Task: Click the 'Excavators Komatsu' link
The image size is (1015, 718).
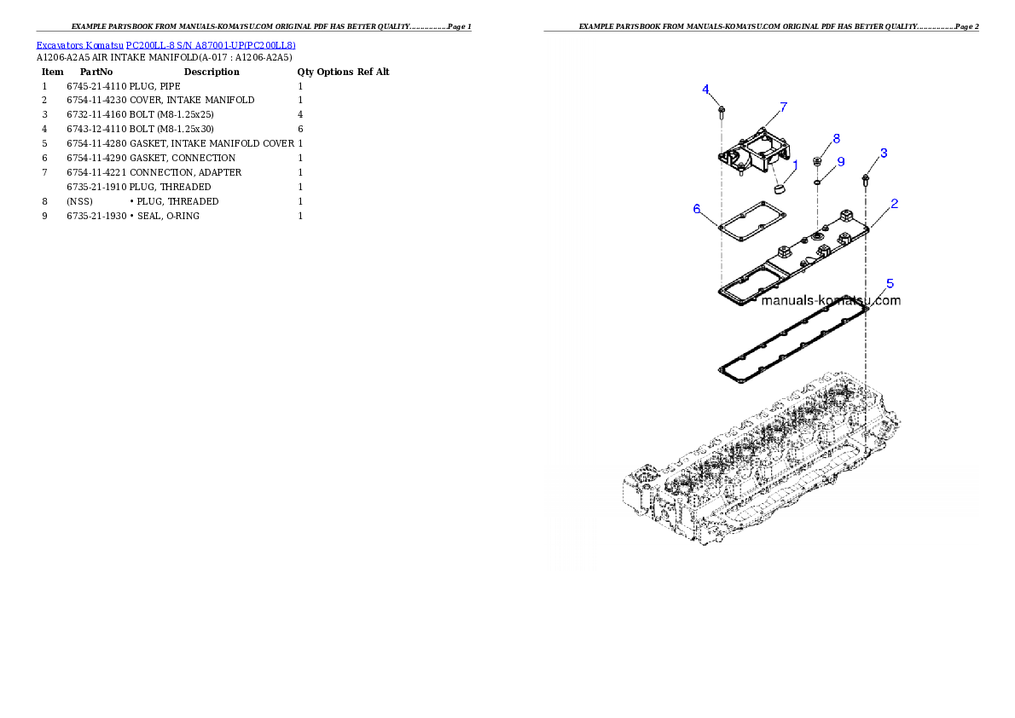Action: (x=79, y=45)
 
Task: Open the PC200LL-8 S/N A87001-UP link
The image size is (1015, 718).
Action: (x=211, y=45)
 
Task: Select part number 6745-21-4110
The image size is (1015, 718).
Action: (x=96, y=86)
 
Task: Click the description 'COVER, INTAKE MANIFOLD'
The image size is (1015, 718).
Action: (x=192, y=101)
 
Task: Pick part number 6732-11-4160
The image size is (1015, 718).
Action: (x=96, y=114)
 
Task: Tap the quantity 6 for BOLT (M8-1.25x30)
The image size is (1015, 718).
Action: (x=300, y=130)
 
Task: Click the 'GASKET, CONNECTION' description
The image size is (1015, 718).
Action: (x=183, y=158)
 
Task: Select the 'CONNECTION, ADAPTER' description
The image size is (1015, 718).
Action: (x=185, y=173)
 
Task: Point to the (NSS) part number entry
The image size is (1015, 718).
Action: (x=79, y=202)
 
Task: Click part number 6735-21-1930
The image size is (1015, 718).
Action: (x=96, y=217)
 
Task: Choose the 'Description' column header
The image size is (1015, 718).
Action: (x=212, y=72)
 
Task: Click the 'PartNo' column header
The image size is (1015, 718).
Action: (x=96, y=72)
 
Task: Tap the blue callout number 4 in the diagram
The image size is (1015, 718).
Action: (x=705, y=90)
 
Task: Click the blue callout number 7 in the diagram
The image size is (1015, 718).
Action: (x=783, y=107)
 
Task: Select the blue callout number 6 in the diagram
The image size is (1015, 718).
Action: (x=697, y=208)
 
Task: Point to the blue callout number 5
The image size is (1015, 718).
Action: (x=890, y=284)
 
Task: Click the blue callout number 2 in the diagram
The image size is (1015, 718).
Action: (x=895, y=204)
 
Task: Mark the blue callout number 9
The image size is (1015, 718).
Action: (x=841, y=162)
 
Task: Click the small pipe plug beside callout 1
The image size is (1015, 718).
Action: (x=780, y=189)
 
